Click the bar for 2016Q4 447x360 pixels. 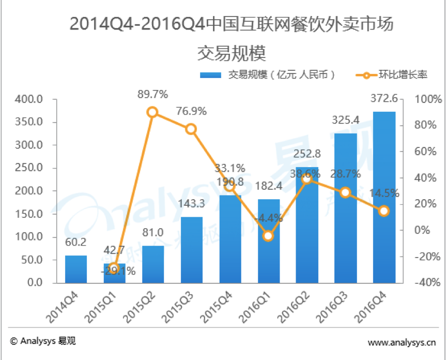(384, 197)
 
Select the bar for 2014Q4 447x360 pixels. (76, 269)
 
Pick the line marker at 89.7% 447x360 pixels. (152, 112)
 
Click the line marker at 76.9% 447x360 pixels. (191, 129)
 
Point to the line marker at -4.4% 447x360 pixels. (268, 236)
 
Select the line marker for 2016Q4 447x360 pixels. (383, 211)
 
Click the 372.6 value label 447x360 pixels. (384, 98)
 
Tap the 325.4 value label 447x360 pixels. (345, 121)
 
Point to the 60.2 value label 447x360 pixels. (75, 242)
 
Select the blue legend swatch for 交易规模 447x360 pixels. (211, 75)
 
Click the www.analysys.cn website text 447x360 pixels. (402, 342)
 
